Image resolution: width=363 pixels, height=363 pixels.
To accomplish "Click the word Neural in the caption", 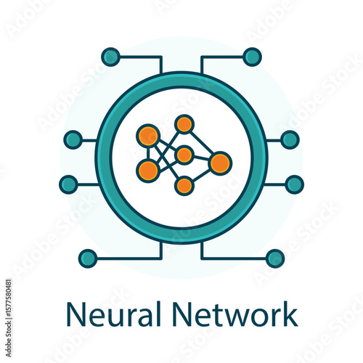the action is pyautogui.click(x=113, y=314).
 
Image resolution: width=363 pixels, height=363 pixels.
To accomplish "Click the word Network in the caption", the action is pyautogui.click(x=234, y=314).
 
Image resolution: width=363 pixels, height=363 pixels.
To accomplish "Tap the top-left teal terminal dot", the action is pyautogui.click(x=110, y=57).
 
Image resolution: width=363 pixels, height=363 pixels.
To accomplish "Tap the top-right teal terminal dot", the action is pyautogui.click(x=253, y=57).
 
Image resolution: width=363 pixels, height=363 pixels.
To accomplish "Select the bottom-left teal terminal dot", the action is pyautogui.click(x=88, y=258).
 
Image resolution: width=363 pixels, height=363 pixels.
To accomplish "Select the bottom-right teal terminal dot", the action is pyautogui.click(x=275, y=258).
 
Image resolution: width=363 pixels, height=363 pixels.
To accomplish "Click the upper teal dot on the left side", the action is pyautogui.click(x=73, y=139).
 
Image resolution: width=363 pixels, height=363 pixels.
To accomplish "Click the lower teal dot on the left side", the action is pyautogui.click(x=68, y=184).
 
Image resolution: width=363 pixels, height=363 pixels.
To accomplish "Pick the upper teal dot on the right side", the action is pyautogui.click(x=290, y=139).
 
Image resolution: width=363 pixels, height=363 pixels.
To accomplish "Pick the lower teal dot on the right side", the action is pyautogui.click(x=295, y=184).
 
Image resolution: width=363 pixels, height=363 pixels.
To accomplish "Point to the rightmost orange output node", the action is pyautogui.click(x=220, y=163).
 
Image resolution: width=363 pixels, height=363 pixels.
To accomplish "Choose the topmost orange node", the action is pyautogui.click(x=184, y=124).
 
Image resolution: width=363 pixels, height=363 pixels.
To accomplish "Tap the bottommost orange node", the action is pyautogui.click(x=184, y=186).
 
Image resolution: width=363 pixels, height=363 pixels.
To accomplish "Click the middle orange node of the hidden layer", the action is pyautogui.click(x=184, y=155).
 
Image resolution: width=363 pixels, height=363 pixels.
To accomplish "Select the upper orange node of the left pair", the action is pyautogui.click(x=148, y=136).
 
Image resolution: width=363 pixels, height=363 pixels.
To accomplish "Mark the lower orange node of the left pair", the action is pyautogui.click(x=148, y=171).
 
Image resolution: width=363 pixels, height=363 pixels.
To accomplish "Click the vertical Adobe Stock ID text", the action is pyautogui.click(x=9, y=318).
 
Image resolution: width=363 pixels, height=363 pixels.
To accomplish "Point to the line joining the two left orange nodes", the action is pyautogui.click(x=148, y=153).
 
